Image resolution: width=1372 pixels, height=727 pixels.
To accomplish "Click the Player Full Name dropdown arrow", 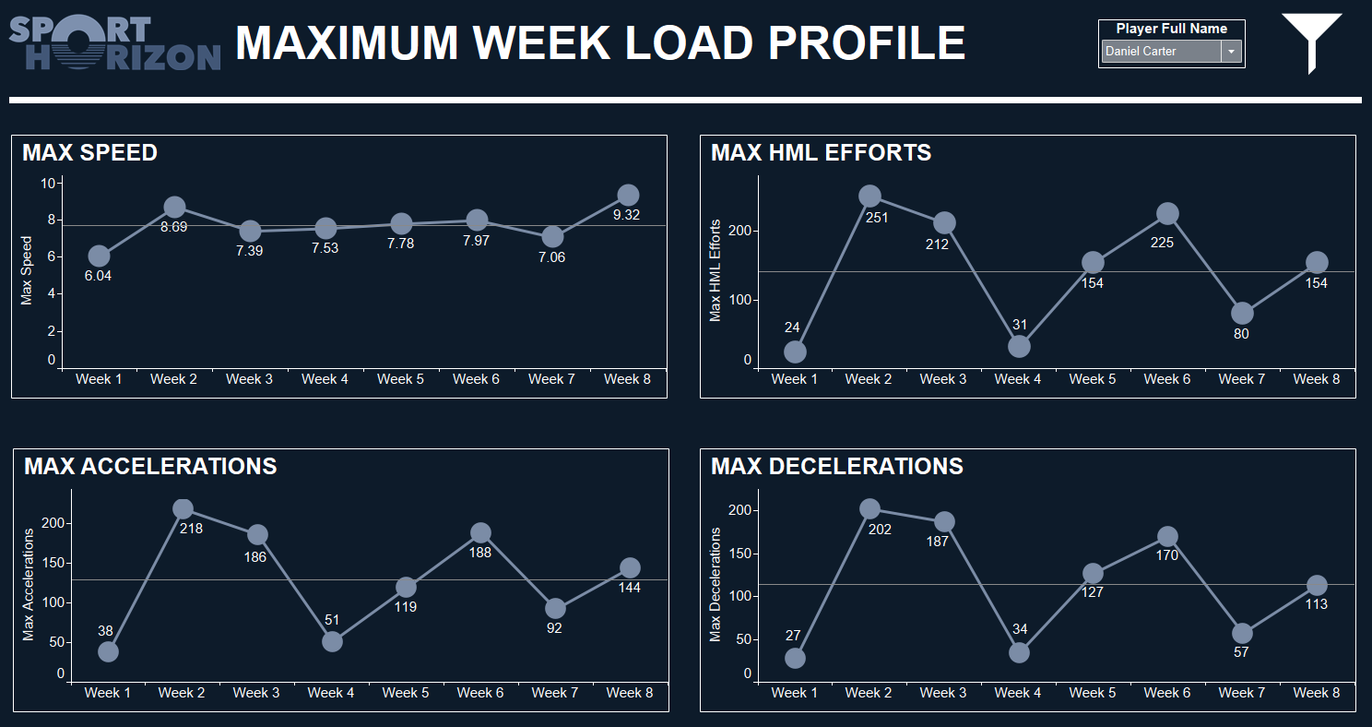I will (1232, 52).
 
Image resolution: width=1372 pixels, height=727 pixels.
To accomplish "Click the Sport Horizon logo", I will (114, 43).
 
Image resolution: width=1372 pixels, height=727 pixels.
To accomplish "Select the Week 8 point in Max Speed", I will (628, 195).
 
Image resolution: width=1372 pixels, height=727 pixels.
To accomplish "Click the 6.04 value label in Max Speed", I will (98, 276).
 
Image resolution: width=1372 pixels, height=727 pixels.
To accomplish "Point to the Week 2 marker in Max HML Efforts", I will (869, 196).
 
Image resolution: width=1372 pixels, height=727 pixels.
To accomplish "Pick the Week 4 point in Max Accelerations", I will (332, 641).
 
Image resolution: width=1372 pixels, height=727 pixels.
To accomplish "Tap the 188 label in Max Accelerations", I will (480, 553).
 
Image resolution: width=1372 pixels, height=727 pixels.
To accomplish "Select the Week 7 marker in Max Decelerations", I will (1242, 633).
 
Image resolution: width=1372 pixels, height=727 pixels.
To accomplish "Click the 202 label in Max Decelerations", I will (881, 530).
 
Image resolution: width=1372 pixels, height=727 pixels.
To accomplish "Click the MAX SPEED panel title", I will (90, 153).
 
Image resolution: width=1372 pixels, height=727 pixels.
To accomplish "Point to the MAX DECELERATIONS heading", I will (836, 467).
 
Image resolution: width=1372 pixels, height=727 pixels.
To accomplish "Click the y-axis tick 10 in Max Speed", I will (48, 183).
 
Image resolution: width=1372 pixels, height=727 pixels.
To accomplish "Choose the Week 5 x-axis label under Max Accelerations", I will (406, 693).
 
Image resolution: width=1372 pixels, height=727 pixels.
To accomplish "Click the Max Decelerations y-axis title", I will (716, 584).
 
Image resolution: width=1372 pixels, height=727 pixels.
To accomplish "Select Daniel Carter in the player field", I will (1160, 52).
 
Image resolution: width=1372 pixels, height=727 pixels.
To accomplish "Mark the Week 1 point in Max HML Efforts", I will (795, 352).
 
